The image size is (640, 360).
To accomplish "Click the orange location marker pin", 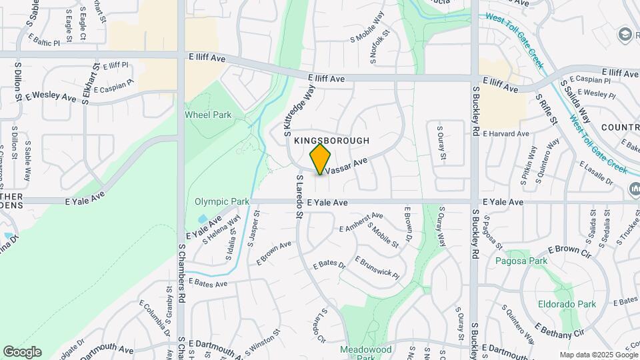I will coord(321,159).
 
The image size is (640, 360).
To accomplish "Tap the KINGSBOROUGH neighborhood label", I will coord(331,141).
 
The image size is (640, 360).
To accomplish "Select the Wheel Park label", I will coord(208,115).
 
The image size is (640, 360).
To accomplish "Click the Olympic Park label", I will coord(221,201).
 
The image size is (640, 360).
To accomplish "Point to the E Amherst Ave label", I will coord(361,223).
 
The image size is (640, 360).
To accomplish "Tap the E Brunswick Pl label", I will coord(377,267).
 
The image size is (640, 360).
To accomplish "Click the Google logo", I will coord(22,352).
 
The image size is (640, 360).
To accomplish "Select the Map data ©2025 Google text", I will coord(599,355).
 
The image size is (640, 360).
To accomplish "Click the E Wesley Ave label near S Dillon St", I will coord(51,97).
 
